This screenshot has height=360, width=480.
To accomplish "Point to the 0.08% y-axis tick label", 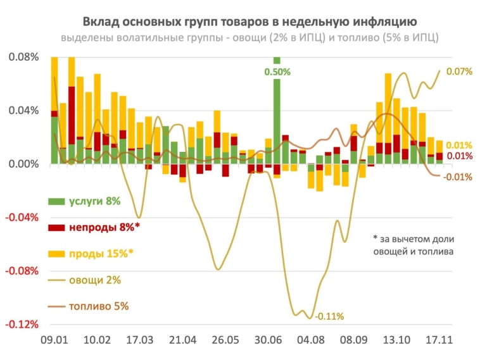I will coord(24,57).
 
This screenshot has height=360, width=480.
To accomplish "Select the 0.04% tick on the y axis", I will coord(24,111).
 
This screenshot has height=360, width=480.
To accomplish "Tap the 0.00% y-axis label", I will coord(24,164).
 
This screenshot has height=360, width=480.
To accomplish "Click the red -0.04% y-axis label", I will coord(23,218).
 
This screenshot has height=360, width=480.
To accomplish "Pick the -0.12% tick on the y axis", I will coord(23,325).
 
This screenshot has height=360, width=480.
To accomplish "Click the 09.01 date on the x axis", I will coord(54,340).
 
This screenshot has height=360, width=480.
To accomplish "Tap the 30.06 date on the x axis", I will coord(270,340).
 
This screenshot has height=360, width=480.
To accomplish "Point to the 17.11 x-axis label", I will coord(439,340).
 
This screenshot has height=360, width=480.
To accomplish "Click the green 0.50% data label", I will coord(277,72).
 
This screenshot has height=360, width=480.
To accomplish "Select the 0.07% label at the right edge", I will coord(459,71).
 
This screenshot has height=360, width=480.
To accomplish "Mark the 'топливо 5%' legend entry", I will coord(89,306).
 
